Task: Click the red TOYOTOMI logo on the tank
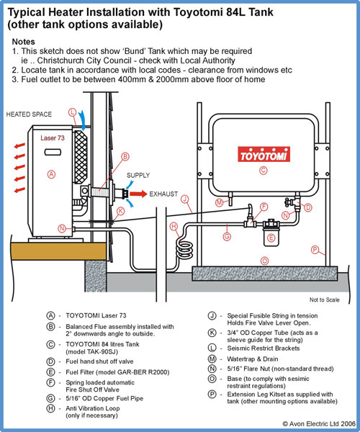(264, 154)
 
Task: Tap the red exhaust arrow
(138, 194)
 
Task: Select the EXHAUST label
(163, 194)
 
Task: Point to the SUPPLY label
(138, 175)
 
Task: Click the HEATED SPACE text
(29, 114)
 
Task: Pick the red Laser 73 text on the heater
(53, 138)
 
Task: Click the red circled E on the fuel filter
(271, 238)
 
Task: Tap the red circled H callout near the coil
(174, 227)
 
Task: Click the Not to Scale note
(325, 300)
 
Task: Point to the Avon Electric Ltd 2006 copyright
(319, 424)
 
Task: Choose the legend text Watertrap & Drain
(253, 359)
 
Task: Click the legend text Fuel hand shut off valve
(99, 361)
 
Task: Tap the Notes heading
(24, 42)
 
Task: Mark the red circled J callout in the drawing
(185, 199)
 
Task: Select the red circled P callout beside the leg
(315, 250)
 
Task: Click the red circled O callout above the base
(264, 261)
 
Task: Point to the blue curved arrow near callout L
(83, 120)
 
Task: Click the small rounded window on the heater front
(53, 152)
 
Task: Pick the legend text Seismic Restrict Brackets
(264, 348)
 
